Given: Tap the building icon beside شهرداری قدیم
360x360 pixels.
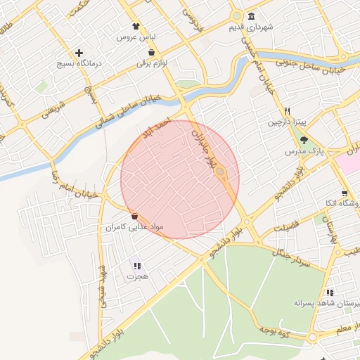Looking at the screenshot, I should [x=252, y=17].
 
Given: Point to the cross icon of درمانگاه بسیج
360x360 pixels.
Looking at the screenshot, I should [x=79, y=53].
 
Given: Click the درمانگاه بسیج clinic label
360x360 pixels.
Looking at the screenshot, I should [x=79, y=63].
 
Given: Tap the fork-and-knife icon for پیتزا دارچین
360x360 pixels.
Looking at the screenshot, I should [x=287, y=111].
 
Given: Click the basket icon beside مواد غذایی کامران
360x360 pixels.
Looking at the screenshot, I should [x=134, y=217].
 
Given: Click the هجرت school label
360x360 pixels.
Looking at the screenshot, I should [x=137, y=276].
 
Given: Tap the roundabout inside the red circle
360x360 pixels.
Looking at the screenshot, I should [x=220, y=172].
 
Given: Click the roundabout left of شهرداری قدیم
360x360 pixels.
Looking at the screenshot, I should [x=237, y=15].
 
